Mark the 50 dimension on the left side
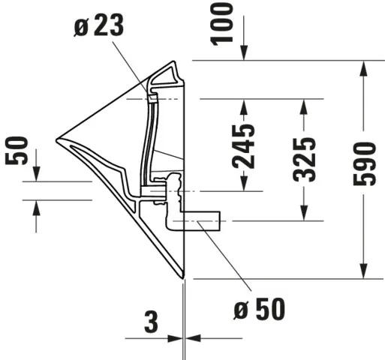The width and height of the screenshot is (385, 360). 16,151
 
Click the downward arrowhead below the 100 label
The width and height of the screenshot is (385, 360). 243,54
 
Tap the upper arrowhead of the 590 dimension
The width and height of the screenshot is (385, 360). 364,66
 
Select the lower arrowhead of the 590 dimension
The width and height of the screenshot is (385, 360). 364,271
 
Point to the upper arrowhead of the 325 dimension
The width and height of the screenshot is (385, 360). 304,104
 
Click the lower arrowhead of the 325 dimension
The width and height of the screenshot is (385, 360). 304,214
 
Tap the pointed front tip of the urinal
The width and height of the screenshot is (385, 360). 57,139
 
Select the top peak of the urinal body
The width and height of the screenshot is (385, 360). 177,62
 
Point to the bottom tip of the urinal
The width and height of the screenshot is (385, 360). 182,279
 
